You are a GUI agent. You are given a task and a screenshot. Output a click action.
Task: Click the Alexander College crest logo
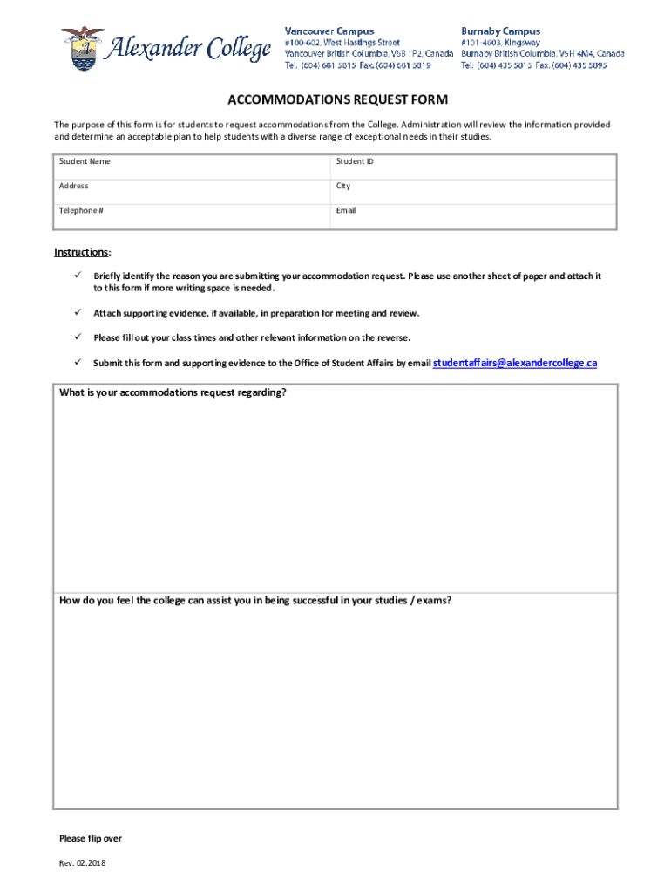(81, 48)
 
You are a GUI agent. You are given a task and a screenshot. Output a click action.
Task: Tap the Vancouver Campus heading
(329, 31)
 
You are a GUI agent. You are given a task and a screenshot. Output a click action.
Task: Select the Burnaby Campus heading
(500, 31)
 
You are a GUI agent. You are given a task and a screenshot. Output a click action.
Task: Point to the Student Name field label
(85, 161)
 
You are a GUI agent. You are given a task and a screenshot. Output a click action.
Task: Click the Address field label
(73, 186)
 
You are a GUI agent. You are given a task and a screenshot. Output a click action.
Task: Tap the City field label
(343, 186)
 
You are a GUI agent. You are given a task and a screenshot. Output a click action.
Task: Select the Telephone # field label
(81, 210)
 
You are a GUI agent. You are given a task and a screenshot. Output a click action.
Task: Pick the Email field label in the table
(346, 210)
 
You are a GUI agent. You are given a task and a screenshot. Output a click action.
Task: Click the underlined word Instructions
(82, 252)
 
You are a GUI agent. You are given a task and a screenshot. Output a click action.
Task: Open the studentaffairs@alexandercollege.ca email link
(515, 363)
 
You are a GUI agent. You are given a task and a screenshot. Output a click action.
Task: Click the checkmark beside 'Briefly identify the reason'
(76, 276)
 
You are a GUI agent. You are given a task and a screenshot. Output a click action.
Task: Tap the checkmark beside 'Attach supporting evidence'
(76, 312)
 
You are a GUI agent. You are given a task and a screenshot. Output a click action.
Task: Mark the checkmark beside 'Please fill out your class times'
(76, 337)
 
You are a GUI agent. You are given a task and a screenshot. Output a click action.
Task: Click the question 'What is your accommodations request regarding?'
(173, 392)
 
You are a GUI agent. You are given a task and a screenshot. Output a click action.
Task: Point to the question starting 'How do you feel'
(254, 601)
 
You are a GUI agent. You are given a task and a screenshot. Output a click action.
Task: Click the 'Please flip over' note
(91, 839)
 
